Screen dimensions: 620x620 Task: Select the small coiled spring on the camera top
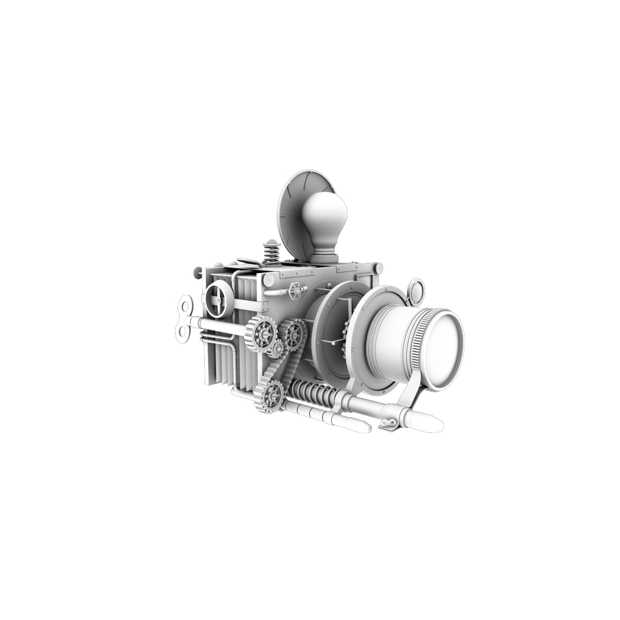pos(271,251)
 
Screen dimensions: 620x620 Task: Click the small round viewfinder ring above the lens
pos(416,291)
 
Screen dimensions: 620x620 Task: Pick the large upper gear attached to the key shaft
pos(262,334)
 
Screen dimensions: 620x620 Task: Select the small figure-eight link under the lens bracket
pos(389,421)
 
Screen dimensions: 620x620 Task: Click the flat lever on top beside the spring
pos(249,262)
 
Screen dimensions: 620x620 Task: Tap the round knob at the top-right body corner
pos(378,268)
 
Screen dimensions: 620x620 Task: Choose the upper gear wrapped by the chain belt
pos(293,332)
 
